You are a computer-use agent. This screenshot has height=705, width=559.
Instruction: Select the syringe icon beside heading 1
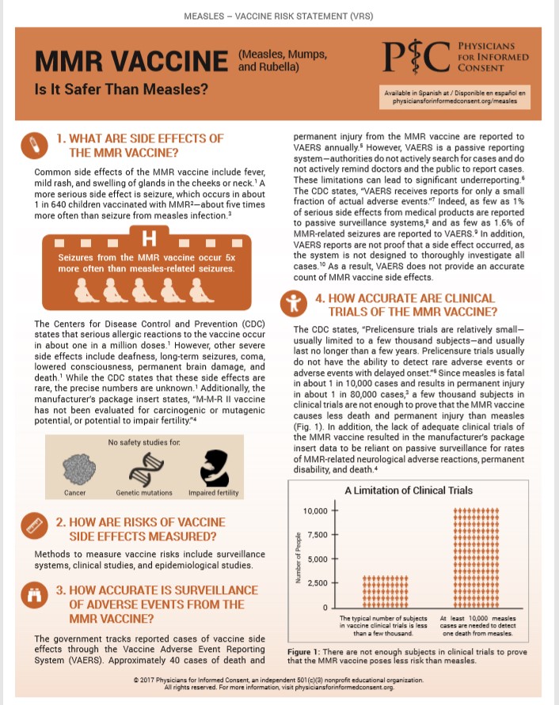tap(34, 146)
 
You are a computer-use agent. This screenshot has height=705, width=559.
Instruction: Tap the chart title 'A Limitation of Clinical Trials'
tap(409, 491)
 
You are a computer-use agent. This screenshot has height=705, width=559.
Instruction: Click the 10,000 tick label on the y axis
tap(315, 510)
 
